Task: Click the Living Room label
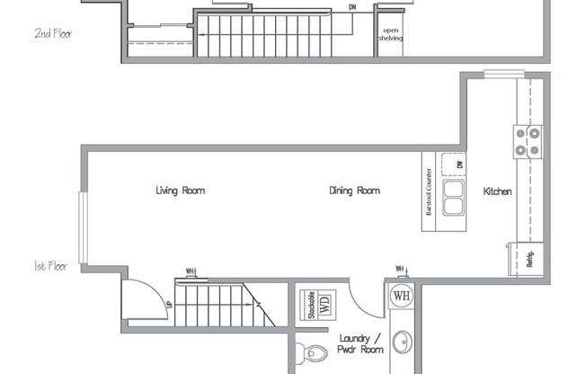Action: [181, 191]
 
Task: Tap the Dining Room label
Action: [354, 191]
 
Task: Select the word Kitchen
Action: [498, 191]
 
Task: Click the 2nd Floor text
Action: [53, 34]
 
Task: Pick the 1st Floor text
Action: [52, 267]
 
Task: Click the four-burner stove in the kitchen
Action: [528, 140]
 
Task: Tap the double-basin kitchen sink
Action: [453, 197]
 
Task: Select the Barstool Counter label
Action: [430, 191]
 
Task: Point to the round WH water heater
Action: [401, 295]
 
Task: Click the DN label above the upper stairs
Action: [352, 7]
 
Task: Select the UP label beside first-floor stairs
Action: [168, 306]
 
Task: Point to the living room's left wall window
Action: [83, 228]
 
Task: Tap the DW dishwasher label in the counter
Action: [458, 165]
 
